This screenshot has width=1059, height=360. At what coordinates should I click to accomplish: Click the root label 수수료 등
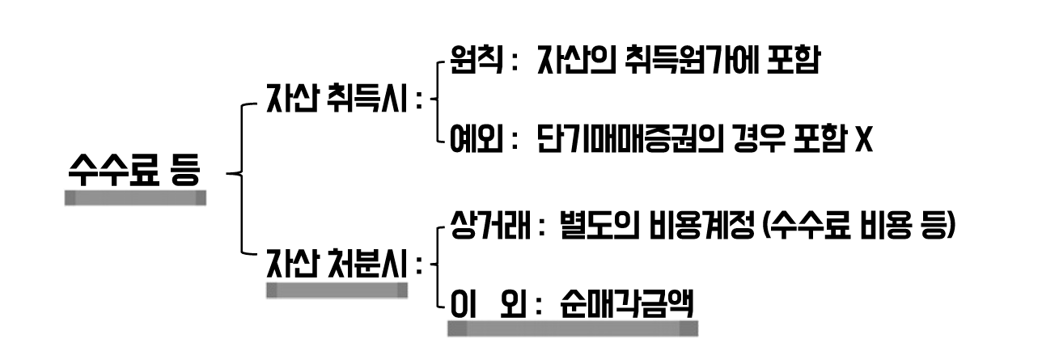[x=134, y=171]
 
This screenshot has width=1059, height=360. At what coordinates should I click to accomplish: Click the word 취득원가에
[x=701, y=62]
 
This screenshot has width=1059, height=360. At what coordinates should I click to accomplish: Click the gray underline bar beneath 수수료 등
[x=135, y=197]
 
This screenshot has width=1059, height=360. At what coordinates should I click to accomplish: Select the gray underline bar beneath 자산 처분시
[x=337, y=290]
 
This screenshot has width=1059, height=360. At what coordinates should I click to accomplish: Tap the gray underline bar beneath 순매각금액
[x=572, y=328]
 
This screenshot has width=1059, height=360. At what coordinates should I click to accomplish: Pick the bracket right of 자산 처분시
[x=437, y=264]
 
